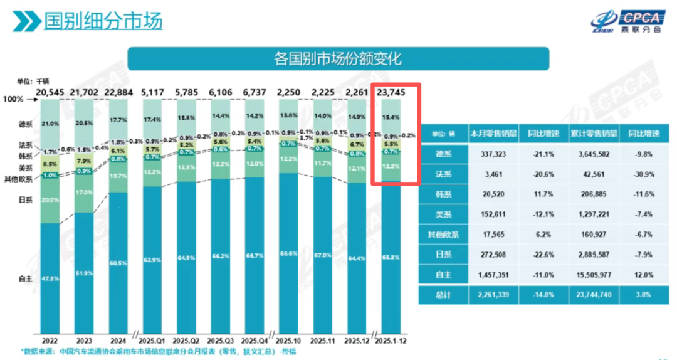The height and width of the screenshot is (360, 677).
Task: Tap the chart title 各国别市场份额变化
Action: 338,59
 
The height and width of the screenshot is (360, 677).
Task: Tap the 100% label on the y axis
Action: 13,100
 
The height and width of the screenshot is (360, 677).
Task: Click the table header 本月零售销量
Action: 488,133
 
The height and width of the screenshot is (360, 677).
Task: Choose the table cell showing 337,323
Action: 488,154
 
